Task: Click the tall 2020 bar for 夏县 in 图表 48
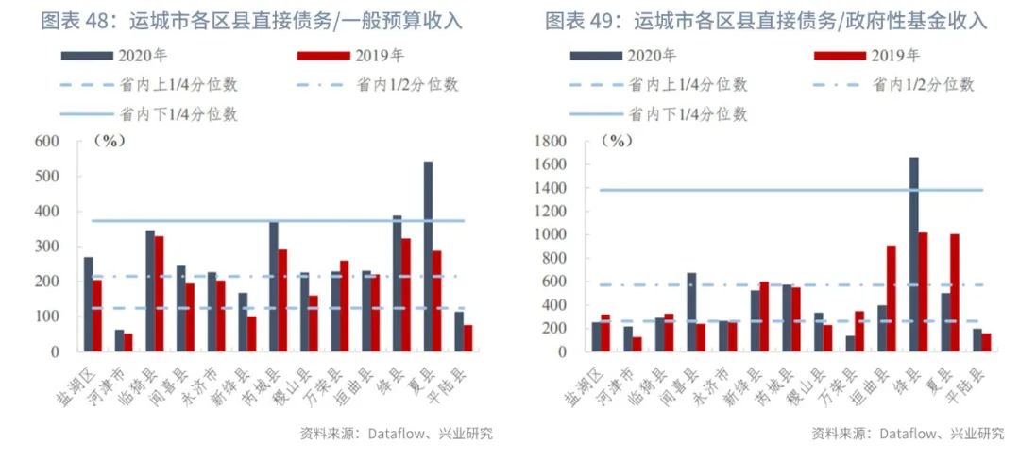click(428, 256)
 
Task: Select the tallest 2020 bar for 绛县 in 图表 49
click(913, 254)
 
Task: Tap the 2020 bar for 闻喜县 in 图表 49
click(691, 312)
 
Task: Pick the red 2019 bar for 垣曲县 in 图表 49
click(892, 299)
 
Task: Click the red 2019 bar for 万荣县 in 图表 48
click(343, 306)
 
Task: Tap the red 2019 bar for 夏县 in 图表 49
click(955, 293)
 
